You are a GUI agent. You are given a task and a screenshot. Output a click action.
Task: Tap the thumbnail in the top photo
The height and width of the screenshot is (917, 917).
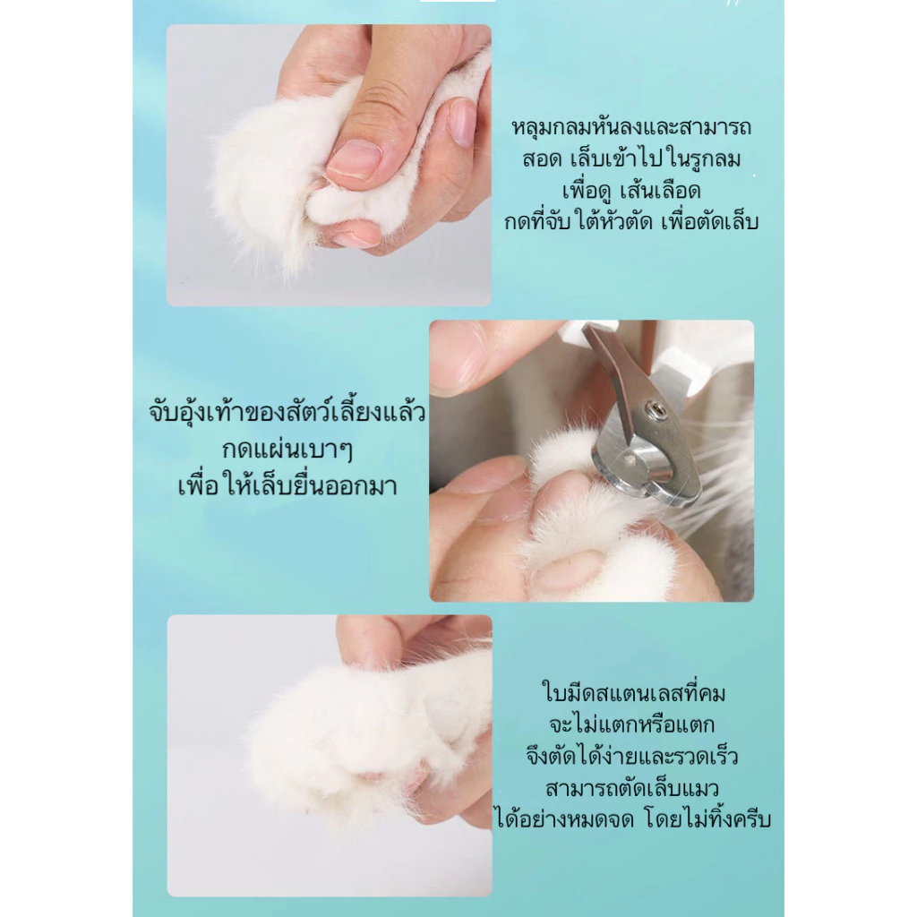355,158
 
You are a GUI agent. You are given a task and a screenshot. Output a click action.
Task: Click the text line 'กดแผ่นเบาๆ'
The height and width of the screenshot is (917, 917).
287,450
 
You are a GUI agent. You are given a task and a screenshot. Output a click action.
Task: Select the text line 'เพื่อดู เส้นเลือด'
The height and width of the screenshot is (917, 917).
631,191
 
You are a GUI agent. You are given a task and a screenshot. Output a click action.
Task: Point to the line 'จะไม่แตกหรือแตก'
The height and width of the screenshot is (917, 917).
631,724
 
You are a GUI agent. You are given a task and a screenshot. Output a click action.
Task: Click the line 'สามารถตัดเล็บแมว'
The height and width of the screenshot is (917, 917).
631,788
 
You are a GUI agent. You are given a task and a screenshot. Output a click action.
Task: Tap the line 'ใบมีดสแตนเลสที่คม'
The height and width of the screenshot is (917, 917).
633,693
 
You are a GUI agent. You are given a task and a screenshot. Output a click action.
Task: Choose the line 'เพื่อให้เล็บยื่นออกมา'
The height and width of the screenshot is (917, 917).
287,486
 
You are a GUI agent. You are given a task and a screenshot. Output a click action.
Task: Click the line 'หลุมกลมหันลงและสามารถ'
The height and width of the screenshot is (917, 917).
631,127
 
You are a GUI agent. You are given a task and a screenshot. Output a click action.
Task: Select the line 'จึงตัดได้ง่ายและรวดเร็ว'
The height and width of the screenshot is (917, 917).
631,756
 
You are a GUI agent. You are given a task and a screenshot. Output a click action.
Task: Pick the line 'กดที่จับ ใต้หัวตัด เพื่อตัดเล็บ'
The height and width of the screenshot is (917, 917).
631,222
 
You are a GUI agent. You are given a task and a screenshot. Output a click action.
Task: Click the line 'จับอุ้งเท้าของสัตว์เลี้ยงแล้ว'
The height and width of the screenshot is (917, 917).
287,412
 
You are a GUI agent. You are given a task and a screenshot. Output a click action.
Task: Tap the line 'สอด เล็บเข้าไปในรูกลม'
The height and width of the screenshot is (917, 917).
631,159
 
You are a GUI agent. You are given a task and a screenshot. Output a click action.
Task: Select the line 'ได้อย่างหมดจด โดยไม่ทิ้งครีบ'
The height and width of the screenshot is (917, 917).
633,819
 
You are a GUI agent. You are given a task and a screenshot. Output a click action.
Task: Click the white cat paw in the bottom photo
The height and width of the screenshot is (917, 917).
363,742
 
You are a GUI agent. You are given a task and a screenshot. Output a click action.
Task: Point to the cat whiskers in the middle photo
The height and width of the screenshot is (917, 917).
725,467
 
